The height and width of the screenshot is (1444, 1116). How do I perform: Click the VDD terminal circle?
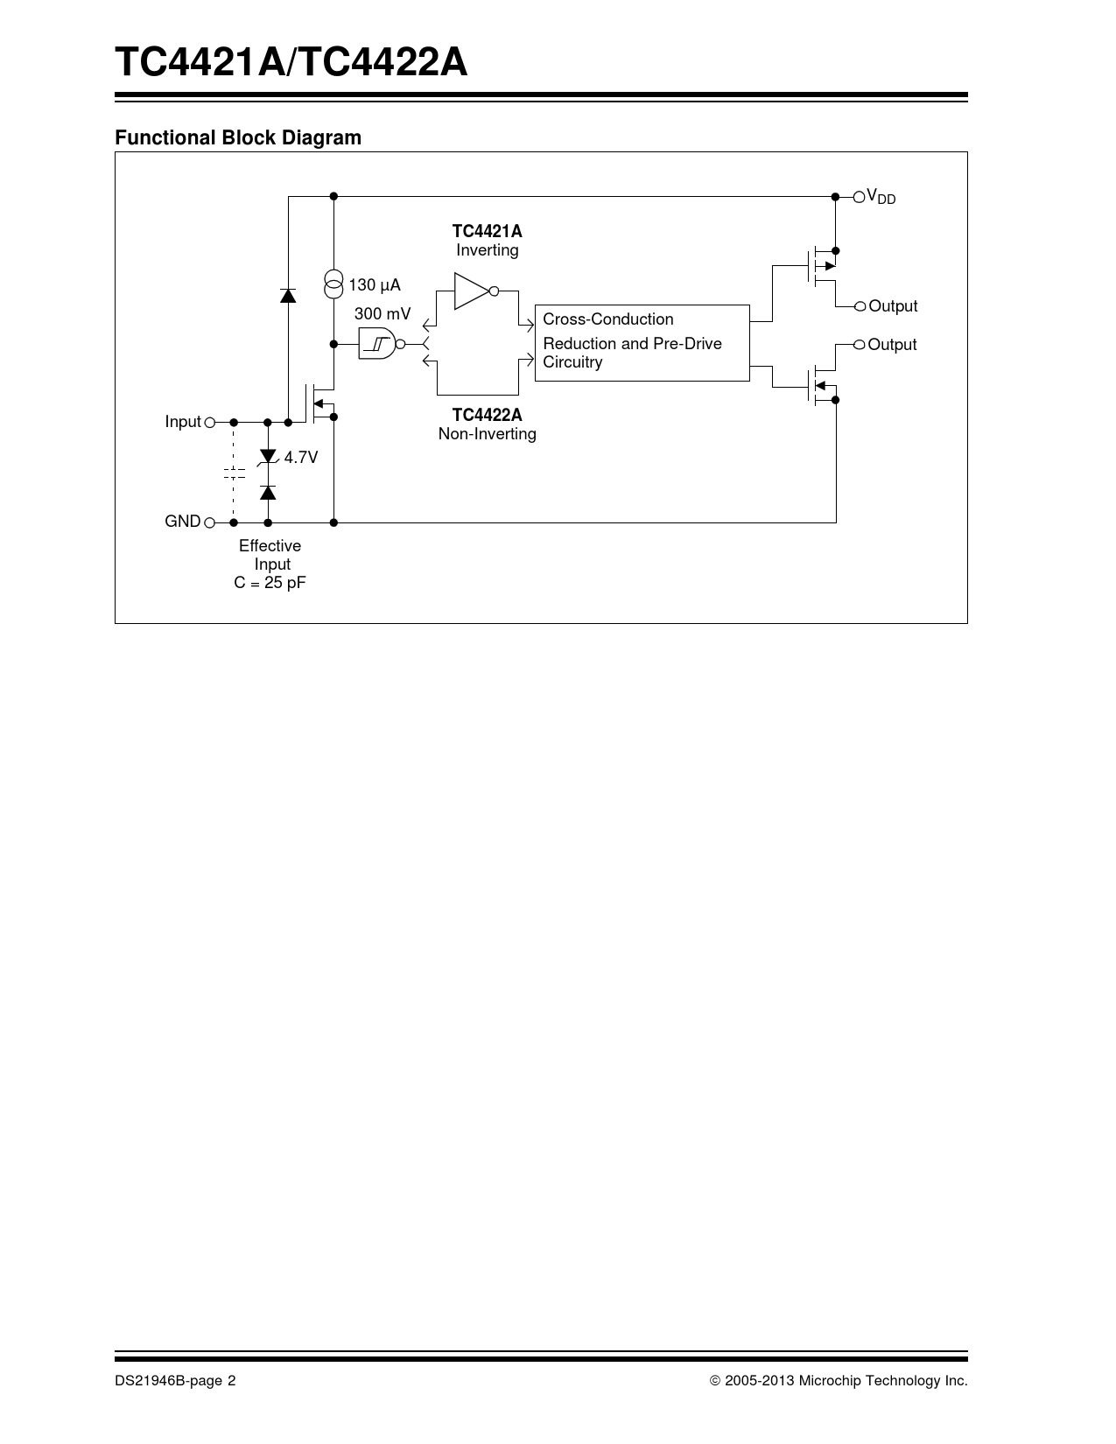(x=859, y=197)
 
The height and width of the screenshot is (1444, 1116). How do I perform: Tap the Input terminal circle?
(x=209, y=422)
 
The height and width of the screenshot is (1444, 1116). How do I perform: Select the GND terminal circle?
(x=209, y=522)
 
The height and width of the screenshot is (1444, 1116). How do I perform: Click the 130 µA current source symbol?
(x=333, y=284)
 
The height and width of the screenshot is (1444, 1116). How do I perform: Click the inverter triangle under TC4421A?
(x=473, y=291)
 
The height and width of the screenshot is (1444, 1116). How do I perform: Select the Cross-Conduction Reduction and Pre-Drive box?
(x=642, y=342)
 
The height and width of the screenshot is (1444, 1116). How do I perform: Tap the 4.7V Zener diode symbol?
(x=269, y=458)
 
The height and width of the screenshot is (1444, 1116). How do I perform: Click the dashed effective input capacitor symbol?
(x=234, y=473)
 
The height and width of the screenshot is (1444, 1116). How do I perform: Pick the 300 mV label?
(x=382, y=313)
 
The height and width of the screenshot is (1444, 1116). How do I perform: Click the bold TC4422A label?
(x=487, y=415)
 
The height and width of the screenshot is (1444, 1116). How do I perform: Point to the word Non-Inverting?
(x=487, y=434)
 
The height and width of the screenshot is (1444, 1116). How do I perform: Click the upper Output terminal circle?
(x=860, y=306)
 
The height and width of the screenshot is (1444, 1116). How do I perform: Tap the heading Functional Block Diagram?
(x=238, y=137)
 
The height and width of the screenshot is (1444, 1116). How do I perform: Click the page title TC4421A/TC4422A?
(x=291, y=63)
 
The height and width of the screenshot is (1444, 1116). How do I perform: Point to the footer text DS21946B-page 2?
(x=175, y=1381)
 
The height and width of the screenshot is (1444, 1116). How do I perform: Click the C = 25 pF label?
(x=270, y=583)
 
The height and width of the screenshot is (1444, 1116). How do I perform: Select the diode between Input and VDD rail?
(x=288, y=295)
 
